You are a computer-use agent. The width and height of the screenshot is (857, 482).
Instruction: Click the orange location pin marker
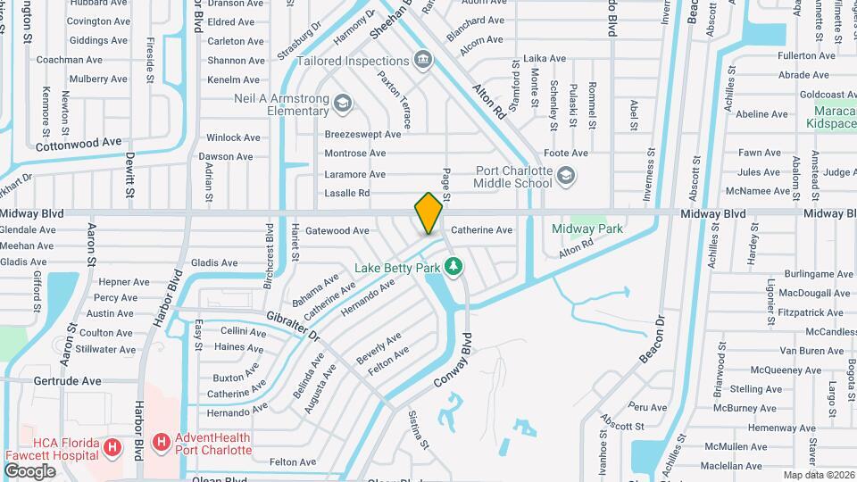coord(428,212)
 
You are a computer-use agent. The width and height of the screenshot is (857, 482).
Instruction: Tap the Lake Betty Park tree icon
coord(454,266)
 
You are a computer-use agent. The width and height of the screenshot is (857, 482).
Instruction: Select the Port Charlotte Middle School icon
coord(564,177)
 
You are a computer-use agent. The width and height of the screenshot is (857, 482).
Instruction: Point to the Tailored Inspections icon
coord(423,61)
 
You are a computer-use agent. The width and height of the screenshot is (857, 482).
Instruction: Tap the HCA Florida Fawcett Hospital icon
coord(113,447)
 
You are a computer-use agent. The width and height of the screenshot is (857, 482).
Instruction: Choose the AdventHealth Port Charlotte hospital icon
coord(162,442)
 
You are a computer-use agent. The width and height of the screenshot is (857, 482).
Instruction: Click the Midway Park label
coord(587,229)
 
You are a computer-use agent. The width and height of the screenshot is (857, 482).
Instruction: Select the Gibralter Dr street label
coord(293,326)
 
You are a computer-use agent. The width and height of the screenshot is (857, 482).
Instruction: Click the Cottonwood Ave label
coord(77,142)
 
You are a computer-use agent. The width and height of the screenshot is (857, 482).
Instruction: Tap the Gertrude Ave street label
coord(68,381)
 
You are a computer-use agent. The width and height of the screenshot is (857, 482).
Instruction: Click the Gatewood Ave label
coord(337,230)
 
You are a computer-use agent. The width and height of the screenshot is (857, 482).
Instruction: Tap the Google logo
coord(29,470)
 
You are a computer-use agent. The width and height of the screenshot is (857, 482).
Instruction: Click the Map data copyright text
coord(819,475)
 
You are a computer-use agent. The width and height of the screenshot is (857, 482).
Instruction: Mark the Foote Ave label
coord(566,154)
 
